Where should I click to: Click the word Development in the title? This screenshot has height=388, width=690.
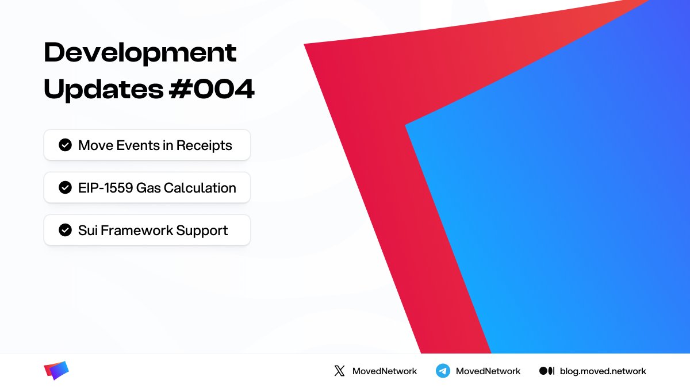(x=140, y=53)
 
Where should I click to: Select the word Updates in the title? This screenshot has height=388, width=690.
(x=101, y=90)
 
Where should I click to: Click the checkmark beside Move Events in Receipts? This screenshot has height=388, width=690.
(x=65, y=145)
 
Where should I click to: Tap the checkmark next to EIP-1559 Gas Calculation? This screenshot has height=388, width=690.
(x=65, y=187)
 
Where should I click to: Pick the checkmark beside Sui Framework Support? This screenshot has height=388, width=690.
(x=65, y=230)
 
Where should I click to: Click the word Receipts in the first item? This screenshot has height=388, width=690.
(x=204, y=145)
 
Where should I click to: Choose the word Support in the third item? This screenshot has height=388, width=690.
(x=202, y=231)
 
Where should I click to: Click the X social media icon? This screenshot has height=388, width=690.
(x=339, y=371)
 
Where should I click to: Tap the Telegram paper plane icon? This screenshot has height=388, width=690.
(x=442, y=371)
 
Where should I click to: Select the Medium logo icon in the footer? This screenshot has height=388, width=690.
(x=546, y=371)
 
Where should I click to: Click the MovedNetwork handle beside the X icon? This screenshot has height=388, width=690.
(x=385, y=371)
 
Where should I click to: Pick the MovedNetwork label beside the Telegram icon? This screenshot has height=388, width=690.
(x=488, y=371)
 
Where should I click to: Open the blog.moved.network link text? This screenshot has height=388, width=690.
(x=603, y=371)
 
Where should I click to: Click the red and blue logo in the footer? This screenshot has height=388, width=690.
(x=56, y=371)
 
